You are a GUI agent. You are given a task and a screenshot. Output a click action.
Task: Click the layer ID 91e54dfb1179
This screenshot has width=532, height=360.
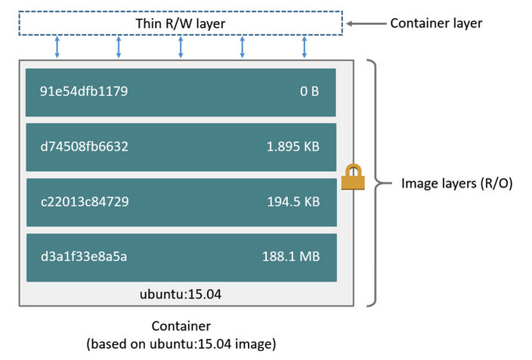[x=84, y=92]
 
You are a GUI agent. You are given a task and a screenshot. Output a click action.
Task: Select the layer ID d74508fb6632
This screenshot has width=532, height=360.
[x=84, y=147]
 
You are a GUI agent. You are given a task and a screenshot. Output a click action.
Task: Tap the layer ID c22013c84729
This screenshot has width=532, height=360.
[x=84, y=202]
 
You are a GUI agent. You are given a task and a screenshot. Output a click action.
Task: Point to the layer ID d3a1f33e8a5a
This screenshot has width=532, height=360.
[x=84, y=256]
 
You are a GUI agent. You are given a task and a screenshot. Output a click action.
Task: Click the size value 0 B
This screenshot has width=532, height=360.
[x=310, y=92]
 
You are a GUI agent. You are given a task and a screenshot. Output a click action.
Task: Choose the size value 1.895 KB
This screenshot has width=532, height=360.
[x=293, y=147]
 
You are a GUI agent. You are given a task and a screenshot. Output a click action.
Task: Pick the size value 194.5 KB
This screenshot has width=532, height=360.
[x=293, y=202]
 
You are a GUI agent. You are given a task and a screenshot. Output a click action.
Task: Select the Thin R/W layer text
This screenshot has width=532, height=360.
[x=180, y=23]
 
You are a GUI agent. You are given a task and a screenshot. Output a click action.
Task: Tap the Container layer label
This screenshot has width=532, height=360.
[x=436, y=23]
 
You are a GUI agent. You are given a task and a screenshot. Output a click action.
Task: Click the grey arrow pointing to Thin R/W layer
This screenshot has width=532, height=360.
[x=366, y=23]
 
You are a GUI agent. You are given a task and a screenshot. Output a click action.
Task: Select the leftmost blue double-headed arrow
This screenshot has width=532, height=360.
[x=57, y=47]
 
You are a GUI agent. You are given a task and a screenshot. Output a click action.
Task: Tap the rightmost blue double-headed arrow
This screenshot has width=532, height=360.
[x=305, y=47]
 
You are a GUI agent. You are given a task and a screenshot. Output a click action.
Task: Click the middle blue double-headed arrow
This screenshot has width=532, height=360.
[x=181, y=47]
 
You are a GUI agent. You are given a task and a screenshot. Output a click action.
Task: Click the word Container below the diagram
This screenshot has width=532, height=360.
[x=181, y=327]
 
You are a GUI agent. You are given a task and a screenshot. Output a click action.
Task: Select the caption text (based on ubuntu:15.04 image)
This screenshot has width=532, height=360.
[x=181, y=344]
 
